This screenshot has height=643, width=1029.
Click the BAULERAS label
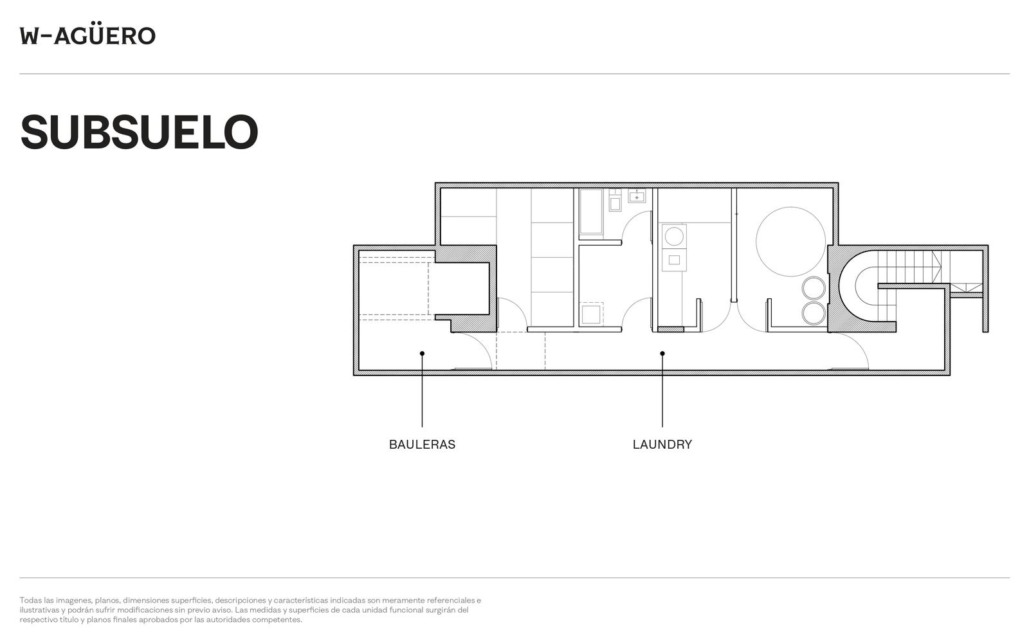[x=422, y=444]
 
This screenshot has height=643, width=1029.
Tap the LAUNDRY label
[x=662, y=444]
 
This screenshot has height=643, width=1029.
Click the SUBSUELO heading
[x=139, y=132]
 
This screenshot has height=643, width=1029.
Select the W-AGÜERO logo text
[x=87, y=36]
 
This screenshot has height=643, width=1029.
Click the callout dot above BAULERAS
[x=422, y=353]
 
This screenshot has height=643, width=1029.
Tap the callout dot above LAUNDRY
[x=662, y=353]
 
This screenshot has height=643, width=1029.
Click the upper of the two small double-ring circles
[x=814, y=288]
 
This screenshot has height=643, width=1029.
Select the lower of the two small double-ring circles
[x=814, y=312]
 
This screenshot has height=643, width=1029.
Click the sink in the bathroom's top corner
[x=637, y=195]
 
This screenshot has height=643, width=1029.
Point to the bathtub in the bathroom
[x=591, y=212]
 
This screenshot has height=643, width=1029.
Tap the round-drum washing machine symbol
[x=674, y=236]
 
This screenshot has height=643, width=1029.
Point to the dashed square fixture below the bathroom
[x=591, y=314]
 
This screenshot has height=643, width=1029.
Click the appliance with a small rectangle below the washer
[x=674, y=260]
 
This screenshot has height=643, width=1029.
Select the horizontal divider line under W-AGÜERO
[x=514, y=73]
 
